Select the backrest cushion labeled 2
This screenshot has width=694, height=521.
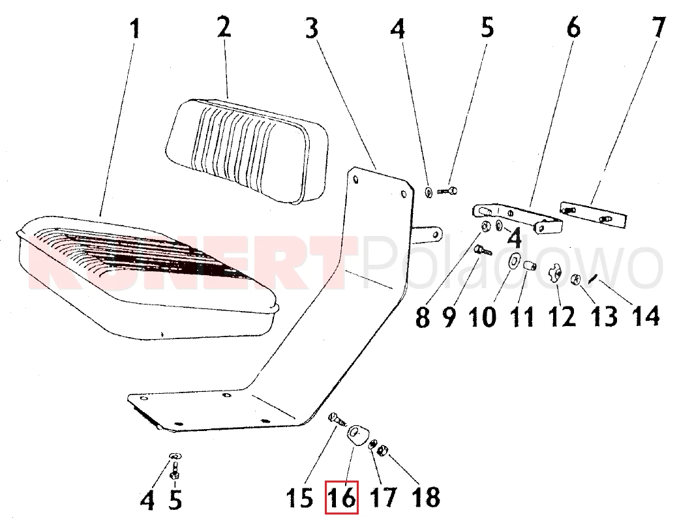[x=248, y=150]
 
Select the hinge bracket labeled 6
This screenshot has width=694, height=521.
[x=516, y=218]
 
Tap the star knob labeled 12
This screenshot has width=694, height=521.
[x=555, y=273]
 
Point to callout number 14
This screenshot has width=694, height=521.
[x=646, y=316]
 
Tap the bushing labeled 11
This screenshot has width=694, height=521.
[x=530, y=267]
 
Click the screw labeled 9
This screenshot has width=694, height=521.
[x=483, y=250]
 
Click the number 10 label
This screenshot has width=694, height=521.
[x=482, y=316]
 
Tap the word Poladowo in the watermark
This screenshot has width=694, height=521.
[x=513, y=263]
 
